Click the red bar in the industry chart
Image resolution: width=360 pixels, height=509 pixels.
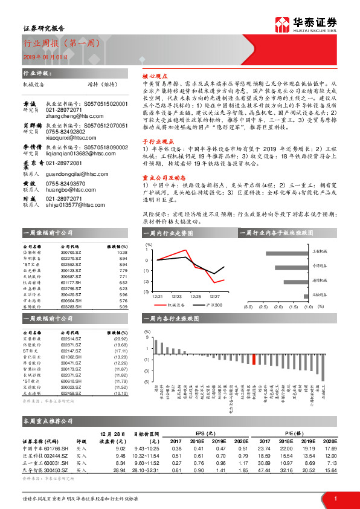tap(254, 359)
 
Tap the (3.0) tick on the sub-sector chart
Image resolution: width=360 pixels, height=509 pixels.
tap(248, 306)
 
